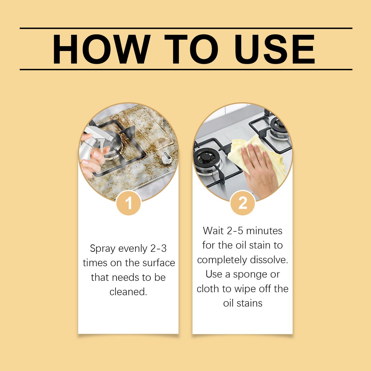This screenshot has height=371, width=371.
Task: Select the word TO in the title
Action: point(191,49)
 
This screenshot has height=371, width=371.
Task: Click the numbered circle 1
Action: point(129,203)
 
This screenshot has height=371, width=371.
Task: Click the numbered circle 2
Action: point(243,203)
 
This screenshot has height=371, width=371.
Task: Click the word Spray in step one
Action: point(103,248)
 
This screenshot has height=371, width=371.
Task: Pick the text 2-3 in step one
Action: point(158,248)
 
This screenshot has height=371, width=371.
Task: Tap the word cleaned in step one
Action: point(128,292)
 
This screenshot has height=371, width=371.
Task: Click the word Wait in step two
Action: point(213,231)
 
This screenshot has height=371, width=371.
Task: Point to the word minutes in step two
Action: point(264,231)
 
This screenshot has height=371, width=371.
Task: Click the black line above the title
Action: point(186,28)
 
